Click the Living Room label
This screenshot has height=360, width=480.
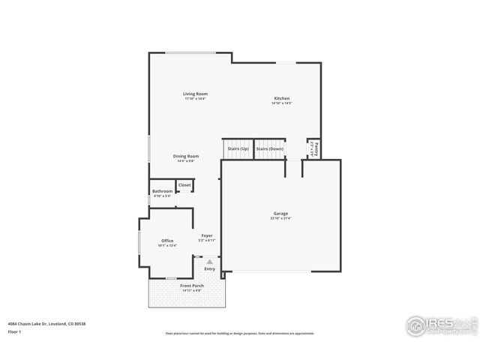click(195, 94)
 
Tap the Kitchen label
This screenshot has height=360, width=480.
click(281, 98)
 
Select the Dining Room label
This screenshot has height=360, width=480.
click(187, 156)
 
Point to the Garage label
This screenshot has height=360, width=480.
click(280, 214)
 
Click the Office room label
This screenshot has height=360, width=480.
click(167, 241)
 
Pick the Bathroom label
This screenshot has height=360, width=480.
click(163, 191)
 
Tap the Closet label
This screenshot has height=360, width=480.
click(184, 184)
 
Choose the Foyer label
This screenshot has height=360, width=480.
click(207, 235)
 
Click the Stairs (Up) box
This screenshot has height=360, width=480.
click(238, 149)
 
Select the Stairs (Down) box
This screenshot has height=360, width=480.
click(270, 149)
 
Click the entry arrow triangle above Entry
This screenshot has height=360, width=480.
click(209, 262)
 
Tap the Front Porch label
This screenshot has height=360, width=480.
click(192, 286)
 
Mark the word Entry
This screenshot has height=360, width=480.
click(209, 268)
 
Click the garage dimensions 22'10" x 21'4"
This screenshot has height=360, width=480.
click(280, 218)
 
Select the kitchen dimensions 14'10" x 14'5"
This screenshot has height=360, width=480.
click(281, 103)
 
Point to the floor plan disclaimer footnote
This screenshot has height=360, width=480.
click(240, 334)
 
